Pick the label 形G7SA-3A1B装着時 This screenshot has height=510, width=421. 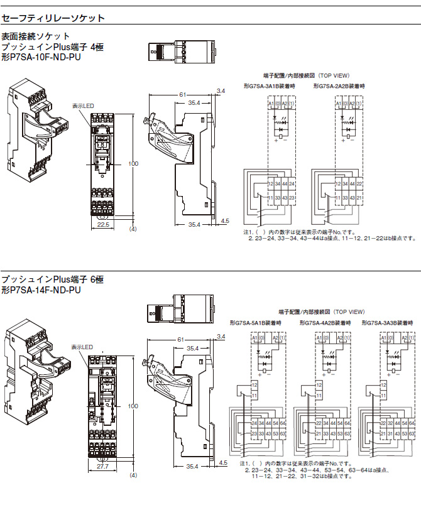[x=270, y=85]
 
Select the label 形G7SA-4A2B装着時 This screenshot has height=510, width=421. [x=322, y=322]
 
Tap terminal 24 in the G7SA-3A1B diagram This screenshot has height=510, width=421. [x=278, y=183]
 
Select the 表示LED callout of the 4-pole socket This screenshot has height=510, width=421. [x=83, y=106]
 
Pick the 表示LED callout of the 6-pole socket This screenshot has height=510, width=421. [x=82, y=346]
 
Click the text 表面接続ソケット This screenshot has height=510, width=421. [x=36, y=36]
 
